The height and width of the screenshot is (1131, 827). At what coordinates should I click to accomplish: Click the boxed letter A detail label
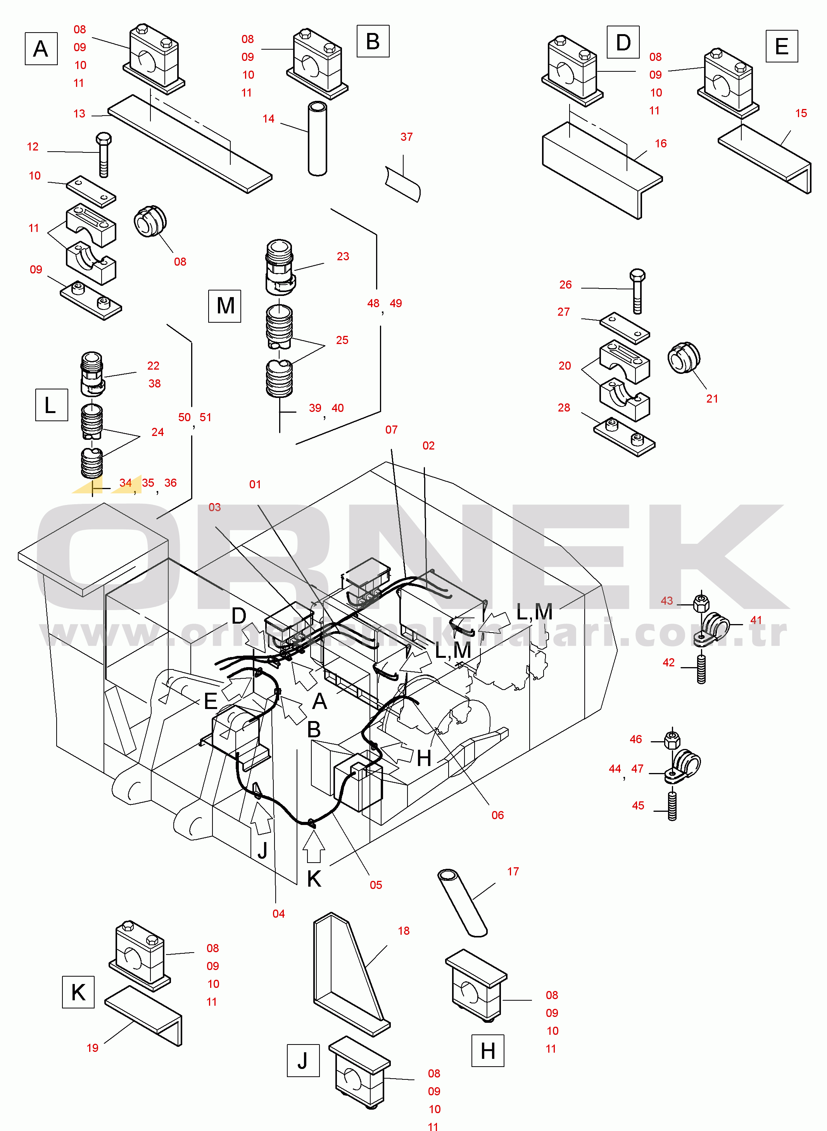click(41, 48)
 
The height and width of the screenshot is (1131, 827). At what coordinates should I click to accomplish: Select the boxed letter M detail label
click(225, 306)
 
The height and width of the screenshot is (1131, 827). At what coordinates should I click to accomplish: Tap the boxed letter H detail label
click(488, 1050)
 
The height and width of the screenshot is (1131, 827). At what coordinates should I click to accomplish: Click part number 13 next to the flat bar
click(79, 114)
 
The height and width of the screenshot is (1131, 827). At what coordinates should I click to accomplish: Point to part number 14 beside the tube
click(268, 119)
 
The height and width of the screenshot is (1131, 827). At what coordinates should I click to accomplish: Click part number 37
click(406, 137)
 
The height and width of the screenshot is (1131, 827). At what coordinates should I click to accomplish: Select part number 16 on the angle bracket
click(661, 144)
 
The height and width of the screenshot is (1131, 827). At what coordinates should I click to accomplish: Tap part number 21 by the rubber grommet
click(712, 399)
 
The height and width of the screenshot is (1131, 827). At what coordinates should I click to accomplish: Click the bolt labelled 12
click(104, 155)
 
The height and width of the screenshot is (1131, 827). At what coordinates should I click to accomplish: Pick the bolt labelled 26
click(637, 291)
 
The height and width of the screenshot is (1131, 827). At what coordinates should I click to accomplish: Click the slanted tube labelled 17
click(462, 903)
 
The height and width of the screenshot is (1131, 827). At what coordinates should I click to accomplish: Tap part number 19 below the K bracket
click(93, 1048)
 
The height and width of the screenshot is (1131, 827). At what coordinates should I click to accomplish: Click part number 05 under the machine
click(376, 885)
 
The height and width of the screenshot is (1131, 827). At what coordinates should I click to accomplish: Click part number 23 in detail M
click(343, 256)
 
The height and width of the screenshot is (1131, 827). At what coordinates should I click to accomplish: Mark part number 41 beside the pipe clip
click(756, 620)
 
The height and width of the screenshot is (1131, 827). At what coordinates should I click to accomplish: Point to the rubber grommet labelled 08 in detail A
click(150, 221)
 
